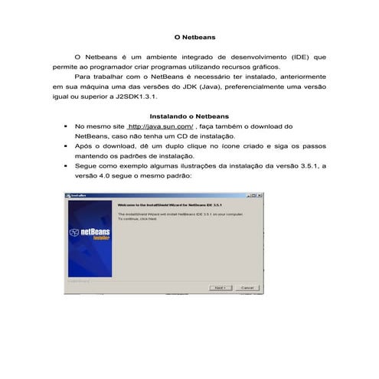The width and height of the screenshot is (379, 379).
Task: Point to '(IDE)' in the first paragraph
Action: click(x=301, y=57)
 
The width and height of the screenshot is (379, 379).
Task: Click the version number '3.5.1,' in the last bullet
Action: click(x=301, y=164)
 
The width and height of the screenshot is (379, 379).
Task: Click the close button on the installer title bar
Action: click(x=261, y=196)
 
